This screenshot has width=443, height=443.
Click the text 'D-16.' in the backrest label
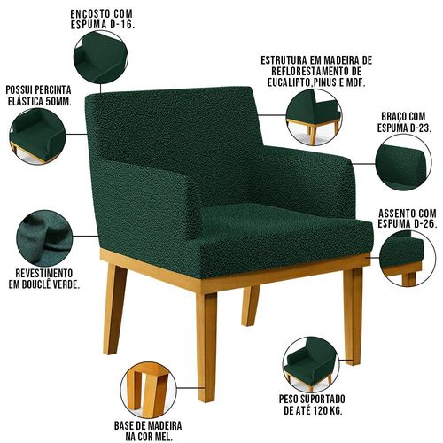121,25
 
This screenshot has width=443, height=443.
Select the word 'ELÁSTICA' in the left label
25,101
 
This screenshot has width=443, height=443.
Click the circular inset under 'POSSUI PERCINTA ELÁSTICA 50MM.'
37,136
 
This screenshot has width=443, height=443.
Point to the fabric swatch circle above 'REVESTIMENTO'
44,237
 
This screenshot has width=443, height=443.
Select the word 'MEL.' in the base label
162,437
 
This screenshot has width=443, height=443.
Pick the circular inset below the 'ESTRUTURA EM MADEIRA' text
315,117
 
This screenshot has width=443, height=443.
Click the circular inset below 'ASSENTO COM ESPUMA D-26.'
408,259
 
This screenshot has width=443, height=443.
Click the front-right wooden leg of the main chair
353,316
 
